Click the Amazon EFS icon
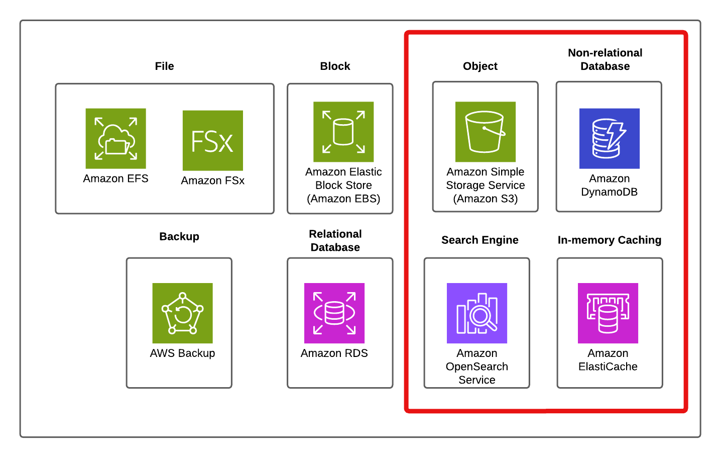pos(115,138)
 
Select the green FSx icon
pos(212,140)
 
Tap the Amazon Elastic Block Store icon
pos(343,132)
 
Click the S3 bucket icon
pos(485,132)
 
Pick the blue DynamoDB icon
pos(609,138)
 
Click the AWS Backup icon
pos(182,313)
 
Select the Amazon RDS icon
pos(334,313)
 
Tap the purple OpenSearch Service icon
pos(476,313)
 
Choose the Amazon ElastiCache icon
pos(608,313)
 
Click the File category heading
pos(164,66)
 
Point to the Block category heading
pos(335,66)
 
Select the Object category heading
pos(480,66)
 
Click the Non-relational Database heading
pos(605,59)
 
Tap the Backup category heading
pos(179,236)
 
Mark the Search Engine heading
pos(479,240)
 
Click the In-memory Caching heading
pos(609,240)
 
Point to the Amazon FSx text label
pos(212,180)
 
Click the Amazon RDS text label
pos(334,353)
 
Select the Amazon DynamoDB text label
pos(609,185)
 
